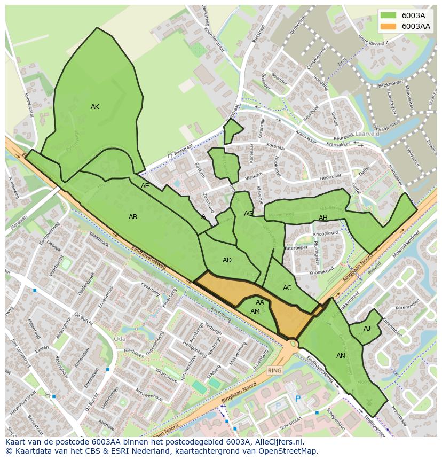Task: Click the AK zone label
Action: (x=95, y=107)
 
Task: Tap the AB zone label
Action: (x=133, y=217)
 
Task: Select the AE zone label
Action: (x=145, y=186)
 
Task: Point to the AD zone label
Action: (x=227, y=260)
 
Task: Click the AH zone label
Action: (x=323, y=218)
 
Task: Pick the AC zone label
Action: (x=287, y=288)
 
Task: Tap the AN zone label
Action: (x=341, y=356)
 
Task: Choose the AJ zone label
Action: (x=367, y=329)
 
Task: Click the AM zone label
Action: (x=255, y=311)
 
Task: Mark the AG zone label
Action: (x=249, y=214)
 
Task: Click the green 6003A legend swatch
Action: (x=389, y=15)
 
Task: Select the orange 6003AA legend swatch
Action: (x=389, y=26)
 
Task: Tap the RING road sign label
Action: (x=274, y=370)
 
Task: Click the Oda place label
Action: (x=120, y=339)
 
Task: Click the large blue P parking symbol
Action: (x=298, y=399)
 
